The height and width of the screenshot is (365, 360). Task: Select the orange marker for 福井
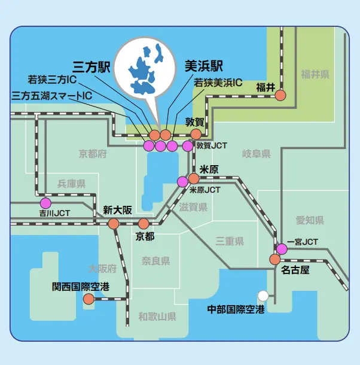coord(280,95)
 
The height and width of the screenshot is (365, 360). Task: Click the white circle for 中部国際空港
coord(263,295)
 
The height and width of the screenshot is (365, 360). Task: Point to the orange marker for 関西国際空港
coord(89,299)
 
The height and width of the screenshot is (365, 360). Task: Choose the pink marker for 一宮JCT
coord(281,248)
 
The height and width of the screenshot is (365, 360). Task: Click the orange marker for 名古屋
coord(274,259)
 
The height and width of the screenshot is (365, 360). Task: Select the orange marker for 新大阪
coord(114,224)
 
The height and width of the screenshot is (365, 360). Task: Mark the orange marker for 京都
coord(144,224)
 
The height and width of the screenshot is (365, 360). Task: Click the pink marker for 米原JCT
coord(182,181)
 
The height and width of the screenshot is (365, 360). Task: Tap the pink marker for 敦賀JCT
coord(188,145)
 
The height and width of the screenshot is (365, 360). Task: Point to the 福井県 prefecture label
coord(315,75)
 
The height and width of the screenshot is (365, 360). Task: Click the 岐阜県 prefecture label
coord(256,154)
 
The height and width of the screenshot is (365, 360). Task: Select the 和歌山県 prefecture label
coord(157,317)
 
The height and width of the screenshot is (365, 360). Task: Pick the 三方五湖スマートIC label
coord(52,95)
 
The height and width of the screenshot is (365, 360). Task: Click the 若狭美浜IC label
coord(218,83)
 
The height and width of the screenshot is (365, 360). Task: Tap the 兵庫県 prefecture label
coord(71,184)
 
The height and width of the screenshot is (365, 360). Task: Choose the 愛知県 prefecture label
coord(309,220)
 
